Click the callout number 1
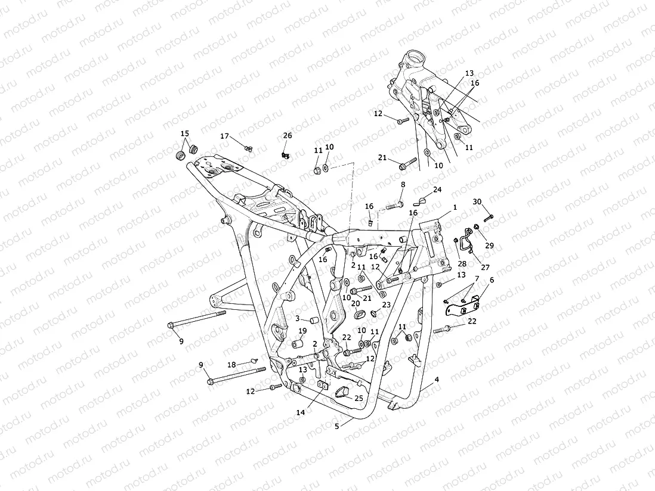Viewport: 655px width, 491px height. [x=455, y=207]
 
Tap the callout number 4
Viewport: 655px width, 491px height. [x=437, y=379]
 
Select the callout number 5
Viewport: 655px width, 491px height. [x=336, y=426]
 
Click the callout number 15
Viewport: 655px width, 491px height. [x=185, y=133]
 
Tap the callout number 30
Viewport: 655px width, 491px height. [x=477, y=201]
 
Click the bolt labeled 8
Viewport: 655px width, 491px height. [x=394, y=206]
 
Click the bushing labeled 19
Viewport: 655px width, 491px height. [x=295, y=344]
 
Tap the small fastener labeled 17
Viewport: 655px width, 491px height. [x=249, y=148]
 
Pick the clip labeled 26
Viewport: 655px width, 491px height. [x=286, y=155]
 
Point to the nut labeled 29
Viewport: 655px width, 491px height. [x=477, y=226]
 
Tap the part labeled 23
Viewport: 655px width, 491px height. [x=374, y=313]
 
